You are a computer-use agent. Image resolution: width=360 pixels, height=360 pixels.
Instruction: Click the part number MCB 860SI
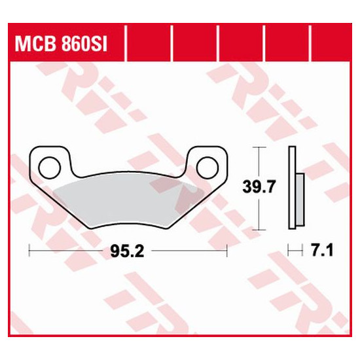pos(61,44)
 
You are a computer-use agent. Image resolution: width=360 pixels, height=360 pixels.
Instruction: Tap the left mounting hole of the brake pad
pos(49,168)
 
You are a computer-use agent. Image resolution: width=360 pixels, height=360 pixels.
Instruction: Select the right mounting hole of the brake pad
pos(207,168)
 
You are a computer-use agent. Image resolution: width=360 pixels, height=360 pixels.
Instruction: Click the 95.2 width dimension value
pos(127,251)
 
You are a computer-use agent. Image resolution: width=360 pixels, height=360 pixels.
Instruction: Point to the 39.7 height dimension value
pos(259,187)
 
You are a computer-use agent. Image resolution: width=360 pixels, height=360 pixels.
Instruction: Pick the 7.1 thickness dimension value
pos(322,251)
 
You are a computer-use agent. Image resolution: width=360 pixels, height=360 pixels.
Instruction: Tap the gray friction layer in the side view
pos(300,200)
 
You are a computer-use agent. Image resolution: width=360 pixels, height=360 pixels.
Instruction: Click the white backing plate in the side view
pos(292,188)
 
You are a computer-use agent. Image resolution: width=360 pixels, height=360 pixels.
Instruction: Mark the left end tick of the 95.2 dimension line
pos(29,251)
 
